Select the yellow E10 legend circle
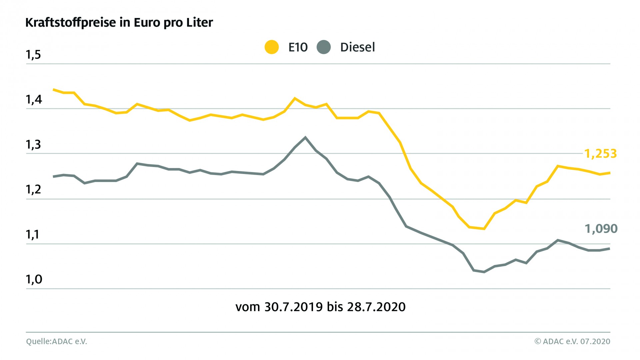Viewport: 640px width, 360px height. [272, 47]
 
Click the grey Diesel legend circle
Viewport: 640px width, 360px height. [324, 47]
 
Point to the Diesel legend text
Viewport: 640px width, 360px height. [357, 47]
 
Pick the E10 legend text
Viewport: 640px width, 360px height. [298, 47]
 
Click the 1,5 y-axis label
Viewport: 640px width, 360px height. [33, 54]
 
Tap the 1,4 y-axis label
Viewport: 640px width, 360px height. [34, 99]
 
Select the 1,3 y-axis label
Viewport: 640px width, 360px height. [34, 144]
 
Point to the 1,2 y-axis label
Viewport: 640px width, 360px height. [34, 189]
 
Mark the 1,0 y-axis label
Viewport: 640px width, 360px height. [34, 279]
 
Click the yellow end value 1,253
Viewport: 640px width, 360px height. [601, 154]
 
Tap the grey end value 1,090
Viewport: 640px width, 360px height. [601, 229]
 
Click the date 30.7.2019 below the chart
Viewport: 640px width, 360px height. [294, 307]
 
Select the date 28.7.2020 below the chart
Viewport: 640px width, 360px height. [376, 307]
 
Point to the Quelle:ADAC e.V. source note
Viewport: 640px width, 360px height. [57, 342]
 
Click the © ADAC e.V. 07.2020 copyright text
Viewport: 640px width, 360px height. [572, 342]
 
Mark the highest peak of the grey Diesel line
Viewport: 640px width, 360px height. [305, 137]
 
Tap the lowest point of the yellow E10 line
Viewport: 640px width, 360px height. [484, 229]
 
